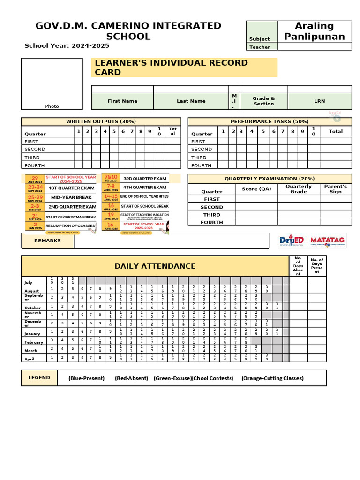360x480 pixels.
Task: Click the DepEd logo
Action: coord(292,240)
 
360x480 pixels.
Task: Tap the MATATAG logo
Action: coord(328,240)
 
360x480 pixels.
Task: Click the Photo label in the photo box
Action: coord(52,106)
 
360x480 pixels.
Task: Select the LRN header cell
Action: coord(319,101)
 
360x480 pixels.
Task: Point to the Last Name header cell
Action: coord(191,101)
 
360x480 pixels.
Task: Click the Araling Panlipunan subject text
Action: coord(314,31)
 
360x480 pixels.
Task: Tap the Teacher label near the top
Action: coord(260,47)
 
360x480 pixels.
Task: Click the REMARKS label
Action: coord(47,240)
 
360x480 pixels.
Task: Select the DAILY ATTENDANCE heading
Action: coord(155,266)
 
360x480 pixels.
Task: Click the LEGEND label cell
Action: coord(39,377)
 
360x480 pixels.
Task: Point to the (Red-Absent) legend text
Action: coord(131,378)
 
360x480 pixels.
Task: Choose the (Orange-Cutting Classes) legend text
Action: coord(272,378)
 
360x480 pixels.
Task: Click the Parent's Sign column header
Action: coord(335,188)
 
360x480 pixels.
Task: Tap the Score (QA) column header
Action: coord(256,189)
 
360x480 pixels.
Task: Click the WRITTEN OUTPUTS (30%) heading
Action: coord(101,121)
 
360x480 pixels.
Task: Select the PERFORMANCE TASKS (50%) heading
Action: coord(270,121)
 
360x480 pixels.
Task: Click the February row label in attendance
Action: coord(33,342)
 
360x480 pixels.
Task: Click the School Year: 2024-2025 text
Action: coord(67,45)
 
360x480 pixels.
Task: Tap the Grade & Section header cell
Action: coord(263,101)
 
